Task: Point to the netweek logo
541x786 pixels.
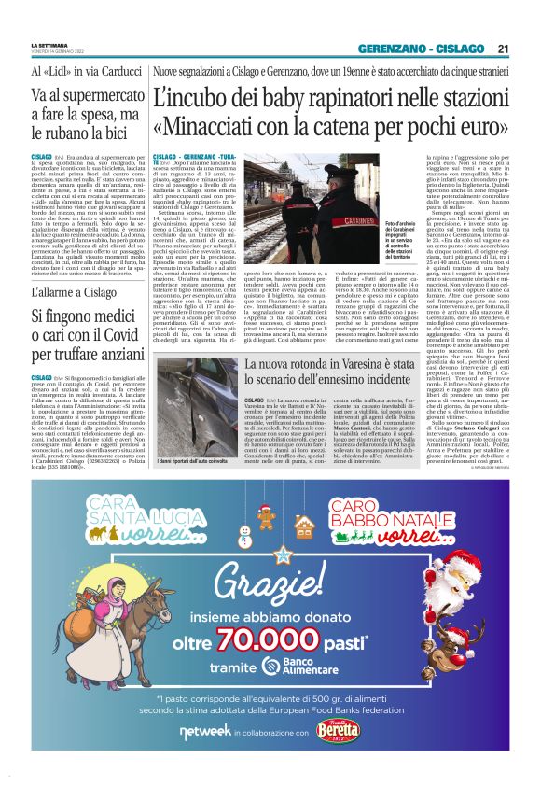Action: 206,731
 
